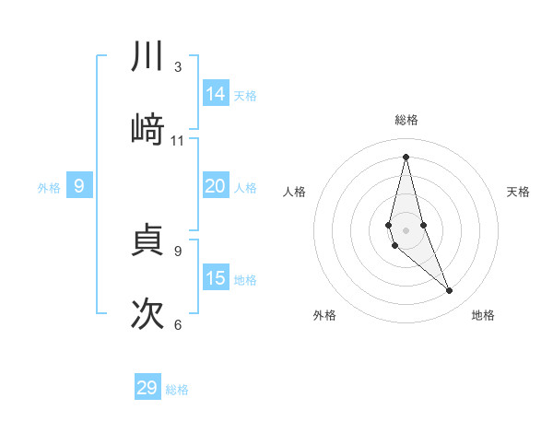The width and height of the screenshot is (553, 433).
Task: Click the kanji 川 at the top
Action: pos(147,57)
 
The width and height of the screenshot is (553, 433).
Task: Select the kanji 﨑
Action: pos(147,130)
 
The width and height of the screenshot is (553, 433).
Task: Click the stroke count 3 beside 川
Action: pos(178,67)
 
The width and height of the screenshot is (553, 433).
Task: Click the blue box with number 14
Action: pos(216,94)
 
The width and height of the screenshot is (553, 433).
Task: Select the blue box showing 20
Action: pos(216,186)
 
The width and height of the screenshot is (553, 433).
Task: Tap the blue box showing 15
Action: pos(216,278)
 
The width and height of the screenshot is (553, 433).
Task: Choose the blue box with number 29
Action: pos(147,388)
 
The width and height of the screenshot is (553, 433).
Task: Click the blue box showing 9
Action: pos(79,186)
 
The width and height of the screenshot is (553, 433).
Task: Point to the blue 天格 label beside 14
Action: pos(245,96)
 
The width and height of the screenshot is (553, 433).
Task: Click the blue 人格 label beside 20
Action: pos(245,188)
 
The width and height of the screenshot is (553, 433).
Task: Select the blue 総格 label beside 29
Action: pos(177,390)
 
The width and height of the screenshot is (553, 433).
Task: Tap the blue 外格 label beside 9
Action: pos(49,188)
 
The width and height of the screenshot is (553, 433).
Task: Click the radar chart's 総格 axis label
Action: pos(406,120)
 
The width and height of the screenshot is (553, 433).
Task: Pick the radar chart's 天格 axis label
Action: pos(519,192)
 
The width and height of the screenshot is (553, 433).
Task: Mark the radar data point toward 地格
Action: pos(450,291)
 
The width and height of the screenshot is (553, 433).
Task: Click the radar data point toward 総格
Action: pos(406,157)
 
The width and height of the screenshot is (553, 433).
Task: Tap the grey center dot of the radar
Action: pos(406,230)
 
